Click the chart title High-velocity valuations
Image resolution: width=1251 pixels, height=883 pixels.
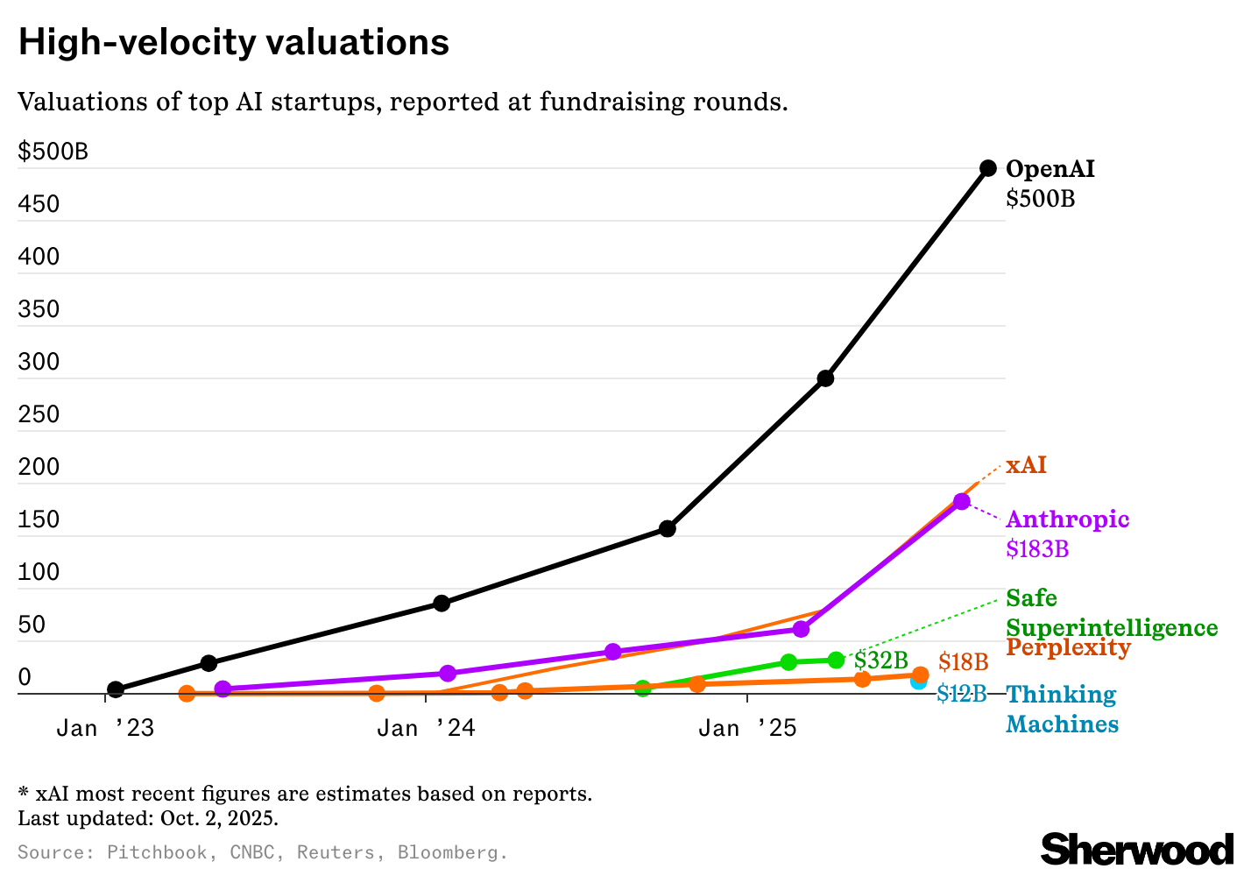point(234,42)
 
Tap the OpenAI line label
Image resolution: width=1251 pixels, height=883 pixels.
point(1050,169)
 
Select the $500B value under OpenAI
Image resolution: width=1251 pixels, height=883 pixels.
point(1040,199)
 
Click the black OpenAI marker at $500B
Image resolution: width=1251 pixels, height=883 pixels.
point(987,168)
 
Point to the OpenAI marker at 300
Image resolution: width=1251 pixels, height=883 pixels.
point(825,378)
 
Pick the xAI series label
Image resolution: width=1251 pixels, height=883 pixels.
point(1026,465)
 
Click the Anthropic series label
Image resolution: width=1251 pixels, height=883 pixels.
point(1067,519)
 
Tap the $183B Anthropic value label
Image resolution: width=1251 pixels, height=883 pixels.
point(1037,549)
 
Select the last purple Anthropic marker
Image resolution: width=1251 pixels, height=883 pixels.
point(962,501)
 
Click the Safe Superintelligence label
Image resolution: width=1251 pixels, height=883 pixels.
point(1111,613)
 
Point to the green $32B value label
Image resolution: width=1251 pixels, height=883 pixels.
point(880,660)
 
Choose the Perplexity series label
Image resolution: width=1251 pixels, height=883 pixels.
point(1068,648)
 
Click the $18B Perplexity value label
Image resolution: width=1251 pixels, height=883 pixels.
point(963,662)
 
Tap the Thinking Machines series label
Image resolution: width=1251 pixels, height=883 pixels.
point(1062,710)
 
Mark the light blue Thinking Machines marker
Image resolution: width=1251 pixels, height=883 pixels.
point(917,682)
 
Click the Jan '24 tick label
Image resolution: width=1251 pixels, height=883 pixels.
point(426,728)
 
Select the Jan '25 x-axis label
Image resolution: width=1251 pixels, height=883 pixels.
point(747,728)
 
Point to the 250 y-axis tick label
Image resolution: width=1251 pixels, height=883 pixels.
point(39,414)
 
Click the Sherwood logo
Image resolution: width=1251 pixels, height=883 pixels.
point(1136,849)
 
